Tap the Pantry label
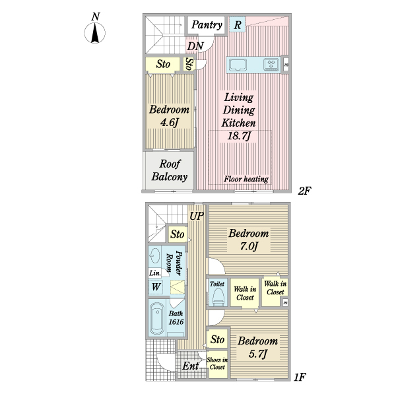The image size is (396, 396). (x=207, y=25)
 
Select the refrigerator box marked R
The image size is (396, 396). (x=238, y=25)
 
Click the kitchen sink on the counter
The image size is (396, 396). (x=238, y=65)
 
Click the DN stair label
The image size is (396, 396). (x=195, y=46)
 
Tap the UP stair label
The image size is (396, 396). (x=197, y=216)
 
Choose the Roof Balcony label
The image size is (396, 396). (x=170, y=170)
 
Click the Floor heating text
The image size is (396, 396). (x=246, y=179)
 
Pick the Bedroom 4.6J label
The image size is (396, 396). (x=169, y=116)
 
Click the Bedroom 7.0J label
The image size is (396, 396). (x=248, y=240)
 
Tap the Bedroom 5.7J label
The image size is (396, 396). (x=257, y=347)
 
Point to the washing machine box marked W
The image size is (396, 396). (x=156, y=287)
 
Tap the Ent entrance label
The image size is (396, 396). (x=191, y=366)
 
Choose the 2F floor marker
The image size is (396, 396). (x=304, y=191)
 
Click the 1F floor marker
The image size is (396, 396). (x=299, y=378)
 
